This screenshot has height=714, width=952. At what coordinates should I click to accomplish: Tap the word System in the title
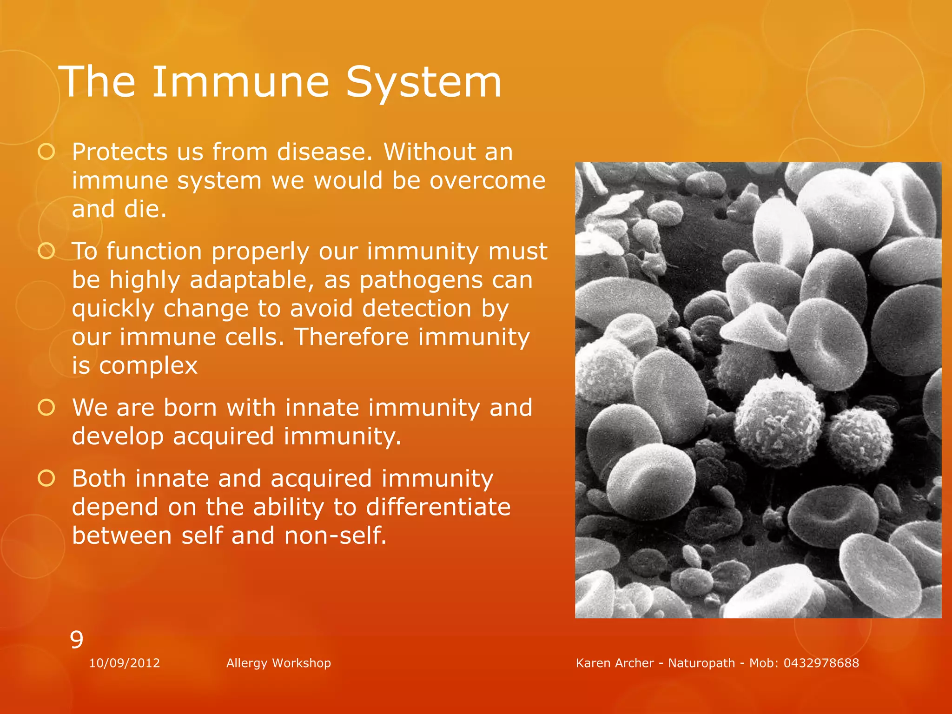click(423, 82)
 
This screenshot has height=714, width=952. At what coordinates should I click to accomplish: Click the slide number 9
click(77, 640)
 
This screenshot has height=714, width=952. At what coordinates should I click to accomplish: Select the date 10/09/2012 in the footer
click(125, 663)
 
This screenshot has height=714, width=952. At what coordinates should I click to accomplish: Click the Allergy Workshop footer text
click(278, 663)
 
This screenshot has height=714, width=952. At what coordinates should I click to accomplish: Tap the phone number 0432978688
click(821, 663)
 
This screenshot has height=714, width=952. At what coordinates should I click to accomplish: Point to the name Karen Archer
click(615, 663)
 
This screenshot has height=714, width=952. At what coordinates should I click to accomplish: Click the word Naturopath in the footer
click(701, 663)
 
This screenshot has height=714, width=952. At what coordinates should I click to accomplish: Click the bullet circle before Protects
click(46, 152)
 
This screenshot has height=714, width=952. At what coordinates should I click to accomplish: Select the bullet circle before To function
click(46, 251)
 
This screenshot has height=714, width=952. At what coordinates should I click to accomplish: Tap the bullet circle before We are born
click(46, 408)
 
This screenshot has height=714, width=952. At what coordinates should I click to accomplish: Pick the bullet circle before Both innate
click(46, 478)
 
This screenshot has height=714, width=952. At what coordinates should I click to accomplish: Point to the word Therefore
click(351, 337)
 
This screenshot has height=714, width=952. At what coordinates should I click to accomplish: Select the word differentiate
click(438, 507)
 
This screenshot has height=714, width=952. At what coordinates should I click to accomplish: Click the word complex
click(148, 366)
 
